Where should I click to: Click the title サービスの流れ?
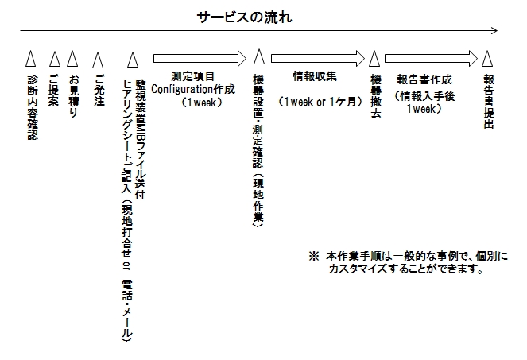[x=244, y=17]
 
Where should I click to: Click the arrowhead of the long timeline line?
[x=494, y=30]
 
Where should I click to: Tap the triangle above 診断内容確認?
[x=30, y=59]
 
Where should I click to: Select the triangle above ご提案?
[x=55, y=59]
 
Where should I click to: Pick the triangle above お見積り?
[x=72, y=59]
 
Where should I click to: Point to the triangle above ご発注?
[x=98, y=60]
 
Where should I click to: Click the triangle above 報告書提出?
[x=487, y=59]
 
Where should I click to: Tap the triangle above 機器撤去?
[x=374, y=59]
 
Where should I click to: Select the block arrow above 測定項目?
[x=200, y=59]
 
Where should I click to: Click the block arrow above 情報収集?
[x=318, y=59]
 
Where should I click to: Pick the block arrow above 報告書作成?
[x=431, y=59]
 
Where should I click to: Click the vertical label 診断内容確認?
[x=33, y=107]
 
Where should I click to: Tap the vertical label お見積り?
[x=73, y=96]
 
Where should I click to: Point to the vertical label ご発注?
[x=99, y=90]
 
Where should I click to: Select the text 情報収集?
[x=315, y=76]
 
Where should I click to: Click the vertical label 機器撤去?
[x=376, y=96]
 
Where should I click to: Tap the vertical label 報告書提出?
[x=488, y=102]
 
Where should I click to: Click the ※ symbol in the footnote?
[x=314, y=257]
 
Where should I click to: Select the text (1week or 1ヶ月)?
[x=320, y=102]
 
